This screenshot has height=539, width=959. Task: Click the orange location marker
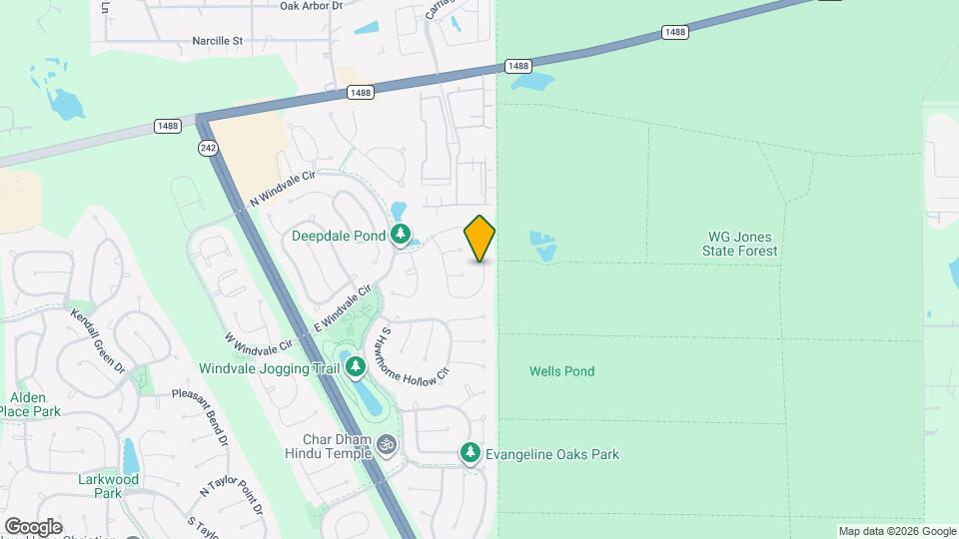(x=479, y=239)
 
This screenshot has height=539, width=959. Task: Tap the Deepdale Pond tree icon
(x=402, y=236)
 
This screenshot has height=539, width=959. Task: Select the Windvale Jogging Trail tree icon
(x=357, y=369)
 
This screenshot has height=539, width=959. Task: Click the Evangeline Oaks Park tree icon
(x=471, y=454)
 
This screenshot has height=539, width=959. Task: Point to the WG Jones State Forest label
(x=742, y=244)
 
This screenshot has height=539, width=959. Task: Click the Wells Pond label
(x=561, y=371)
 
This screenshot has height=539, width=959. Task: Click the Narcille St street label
(x=218, y=42)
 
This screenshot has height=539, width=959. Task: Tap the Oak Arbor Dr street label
(x=311, y=6)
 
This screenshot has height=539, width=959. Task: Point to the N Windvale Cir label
(x=282, y=189)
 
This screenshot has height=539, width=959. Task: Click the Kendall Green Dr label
(x=98, y=341)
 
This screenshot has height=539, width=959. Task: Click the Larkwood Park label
(x=107, y=485)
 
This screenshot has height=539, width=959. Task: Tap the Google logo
(x=33, y=526)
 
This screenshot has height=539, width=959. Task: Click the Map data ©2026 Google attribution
(x=896, y=531)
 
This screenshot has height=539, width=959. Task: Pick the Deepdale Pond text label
(x=339, y=237)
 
